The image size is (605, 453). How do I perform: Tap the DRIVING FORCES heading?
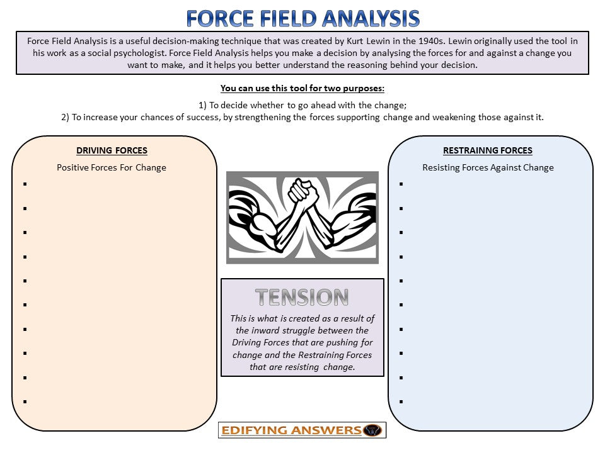(112, 150)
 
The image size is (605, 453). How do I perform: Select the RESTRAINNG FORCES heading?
(487, 150)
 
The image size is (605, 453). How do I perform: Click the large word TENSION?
(302, 297)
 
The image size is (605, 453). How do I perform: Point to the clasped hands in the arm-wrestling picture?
(301, 189)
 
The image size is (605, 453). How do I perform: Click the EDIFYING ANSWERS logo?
(302, 430)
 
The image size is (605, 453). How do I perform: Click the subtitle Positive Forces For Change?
(112, 167)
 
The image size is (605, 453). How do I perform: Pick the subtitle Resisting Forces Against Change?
(488, 167)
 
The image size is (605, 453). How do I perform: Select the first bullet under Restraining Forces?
(401, 184)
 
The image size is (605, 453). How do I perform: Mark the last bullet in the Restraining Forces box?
(401, 401)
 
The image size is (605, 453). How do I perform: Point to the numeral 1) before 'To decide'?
(203, 105)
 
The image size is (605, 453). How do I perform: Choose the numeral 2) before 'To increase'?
(66, 117)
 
